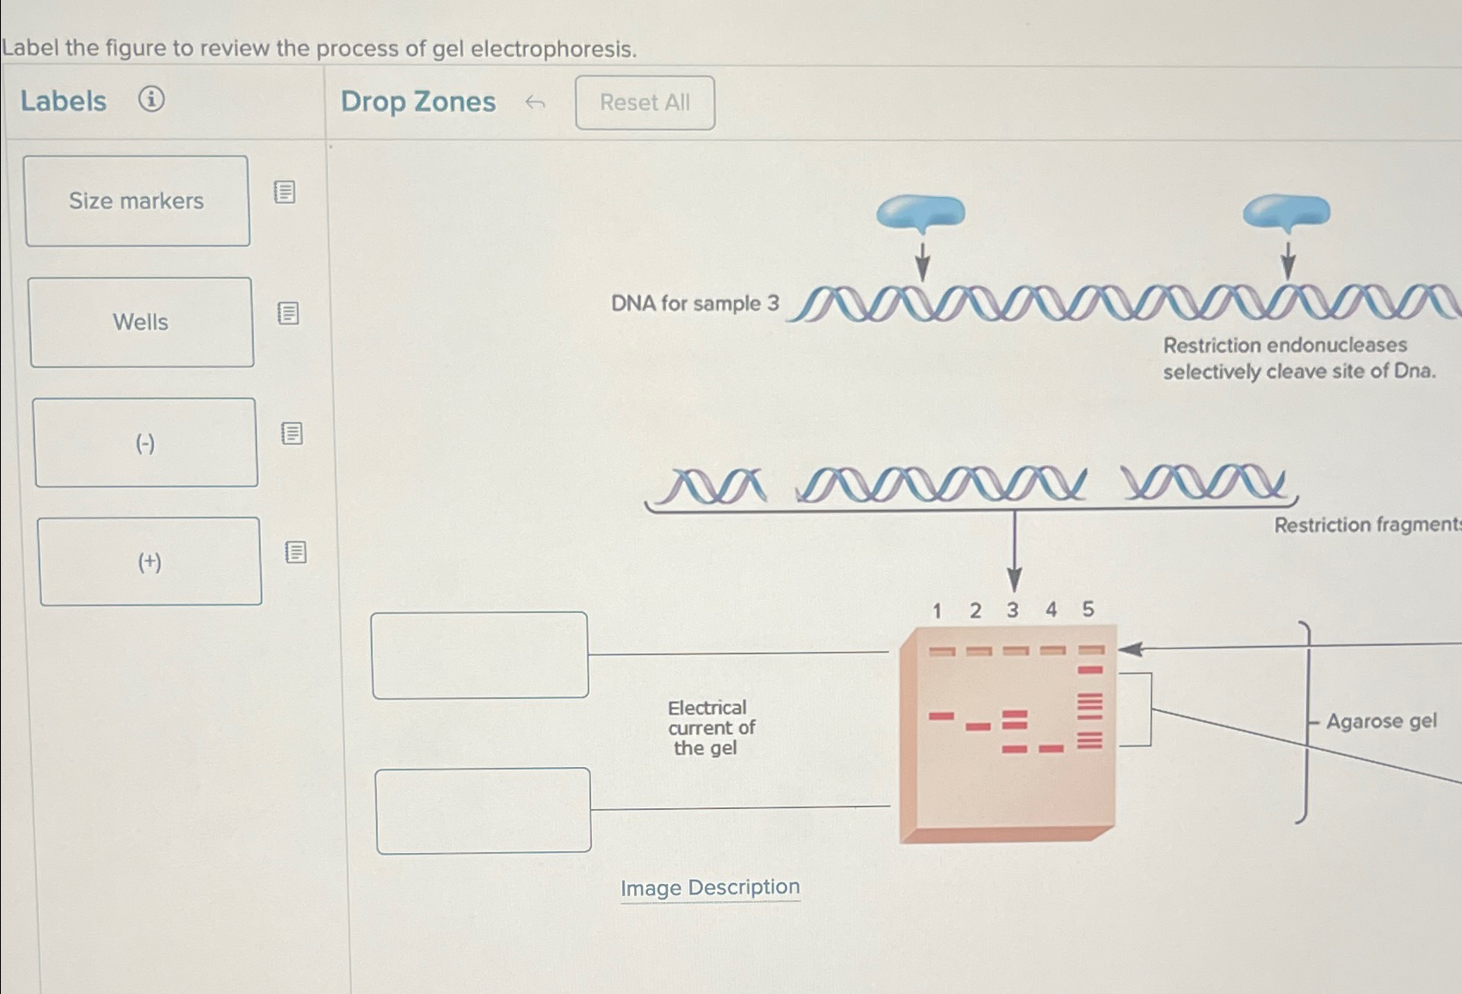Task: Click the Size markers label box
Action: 137,201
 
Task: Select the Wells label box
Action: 141,322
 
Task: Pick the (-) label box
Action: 145,443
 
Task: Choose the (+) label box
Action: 150,561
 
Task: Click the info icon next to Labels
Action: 151,100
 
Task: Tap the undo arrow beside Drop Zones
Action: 535,103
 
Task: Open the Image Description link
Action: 710,887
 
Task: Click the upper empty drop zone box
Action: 479,655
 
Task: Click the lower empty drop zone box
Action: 483,810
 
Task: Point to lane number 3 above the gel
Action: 1013,610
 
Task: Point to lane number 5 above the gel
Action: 1088,609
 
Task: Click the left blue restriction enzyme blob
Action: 921,212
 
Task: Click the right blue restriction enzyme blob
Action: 1286,212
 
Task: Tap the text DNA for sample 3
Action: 694,304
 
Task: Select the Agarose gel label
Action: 1380,721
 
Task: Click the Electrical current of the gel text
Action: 711,727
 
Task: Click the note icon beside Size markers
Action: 285,192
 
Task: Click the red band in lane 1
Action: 941,715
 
